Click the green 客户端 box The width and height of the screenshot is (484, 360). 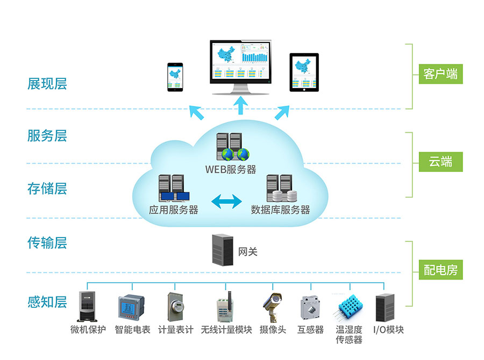(440, 74)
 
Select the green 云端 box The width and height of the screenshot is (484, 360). (440, 161)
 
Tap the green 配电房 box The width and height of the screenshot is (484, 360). (440, 270)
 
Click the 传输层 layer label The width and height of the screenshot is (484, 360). (47, 243)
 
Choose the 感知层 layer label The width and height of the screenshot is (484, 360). (47, 301)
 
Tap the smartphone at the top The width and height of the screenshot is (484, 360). (175, 77)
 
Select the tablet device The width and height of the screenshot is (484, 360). (304, 72)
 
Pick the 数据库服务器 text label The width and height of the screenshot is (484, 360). (281, 210)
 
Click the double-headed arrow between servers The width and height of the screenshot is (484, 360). (226, 201)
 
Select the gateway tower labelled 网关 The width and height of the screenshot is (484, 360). (223, 249)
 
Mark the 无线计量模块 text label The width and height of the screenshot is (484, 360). (226, 329)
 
